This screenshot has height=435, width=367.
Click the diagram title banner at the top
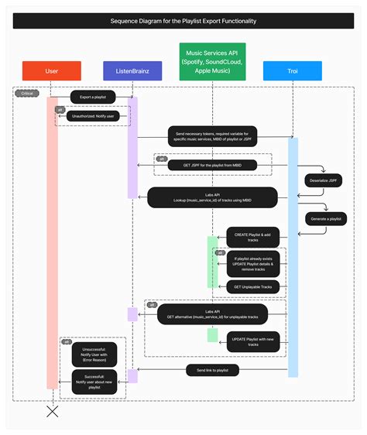183,21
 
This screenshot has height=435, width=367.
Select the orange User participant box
52,71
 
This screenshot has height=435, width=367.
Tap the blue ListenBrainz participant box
132,71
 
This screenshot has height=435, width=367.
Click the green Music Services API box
212,61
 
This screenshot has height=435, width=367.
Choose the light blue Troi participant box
293,71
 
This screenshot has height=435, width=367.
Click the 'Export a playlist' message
93,98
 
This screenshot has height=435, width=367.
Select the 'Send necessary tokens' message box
212,138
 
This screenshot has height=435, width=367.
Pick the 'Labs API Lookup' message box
212,198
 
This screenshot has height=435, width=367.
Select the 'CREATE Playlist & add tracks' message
252,237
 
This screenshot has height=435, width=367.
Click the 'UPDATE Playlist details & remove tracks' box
252,263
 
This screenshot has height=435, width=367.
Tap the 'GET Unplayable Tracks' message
252,287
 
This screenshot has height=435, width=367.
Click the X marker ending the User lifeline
52,412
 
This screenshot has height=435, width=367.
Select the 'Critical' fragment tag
27,94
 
